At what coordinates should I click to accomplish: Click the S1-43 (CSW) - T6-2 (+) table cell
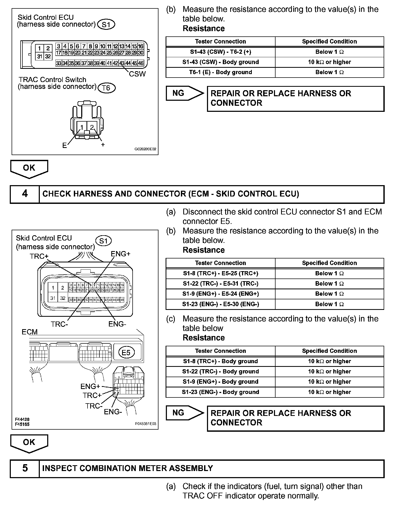(220, 52)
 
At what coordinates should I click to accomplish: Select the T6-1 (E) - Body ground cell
(220, 72)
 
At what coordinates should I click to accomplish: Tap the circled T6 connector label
(106, 88)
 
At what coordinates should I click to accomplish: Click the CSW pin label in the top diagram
(137, 74)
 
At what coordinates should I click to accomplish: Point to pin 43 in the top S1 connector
(122, 63)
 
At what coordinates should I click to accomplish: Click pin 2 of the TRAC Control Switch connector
(92, 127)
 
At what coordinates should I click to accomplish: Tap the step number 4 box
(25, 194)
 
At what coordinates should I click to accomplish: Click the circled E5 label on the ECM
(126, 353)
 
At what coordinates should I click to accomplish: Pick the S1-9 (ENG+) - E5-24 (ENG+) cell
(220, 294)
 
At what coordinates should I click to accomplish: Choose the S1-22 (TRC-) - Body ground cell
(220, 372)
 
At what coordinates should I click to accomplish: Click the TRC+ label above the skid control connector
(39, 256)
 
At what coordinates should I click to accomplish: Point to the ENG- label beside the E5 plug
(113, 412)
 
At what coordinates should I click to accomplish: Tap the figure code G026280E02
(145, 149)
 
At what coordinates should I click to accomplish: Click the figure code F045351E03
(146, 424)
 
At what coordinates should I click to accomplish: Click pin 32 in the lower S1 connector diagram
(62, 298)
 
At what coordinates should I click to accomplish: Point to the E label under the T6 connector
(65, 145)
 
